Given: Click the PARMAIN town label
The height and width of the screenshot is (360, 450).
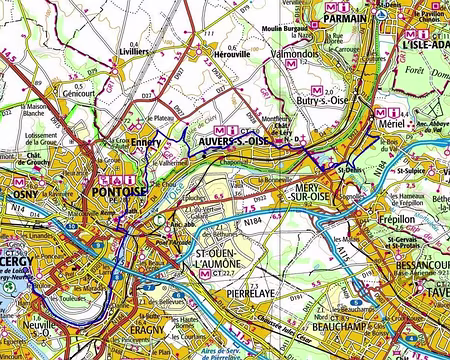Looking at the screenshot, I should click(x=347, y=16).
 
